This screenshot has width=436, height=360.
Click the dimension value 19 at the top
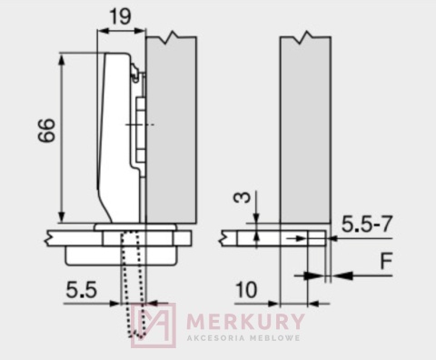coord(120,15)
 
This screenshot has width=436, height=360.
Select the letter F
coord(386,264)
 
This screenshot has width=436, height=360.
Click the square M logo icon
coord(152,324)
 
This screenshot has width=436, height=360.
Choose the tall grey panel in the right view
coord(304,127)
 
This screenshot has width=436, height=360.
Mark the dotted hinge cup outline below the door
coord(133,282)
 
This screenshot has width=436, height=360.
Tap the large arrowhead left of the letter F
coord(344,275)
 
